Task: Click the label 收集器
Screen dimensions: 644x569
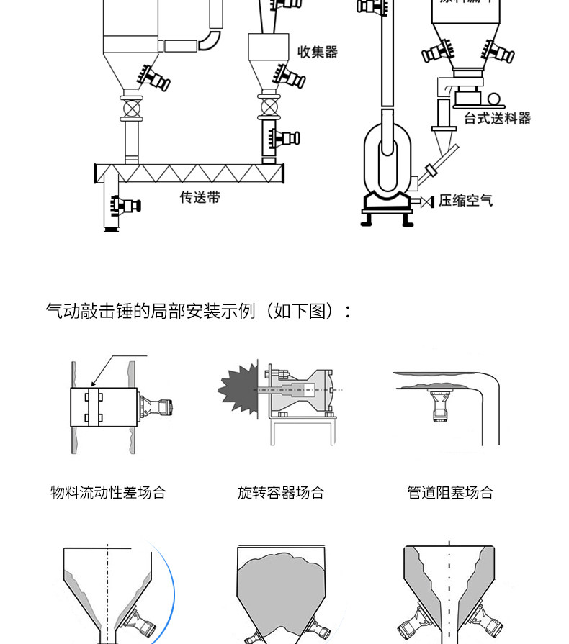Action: [x=318, y=52]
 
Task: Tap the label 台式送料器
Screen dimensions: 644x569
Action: [x=497, y=118]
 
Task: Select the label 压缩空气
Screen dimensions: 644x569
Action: [x=466, y=200]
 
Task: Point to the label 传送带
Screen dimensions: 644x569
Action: [x=200, y=196]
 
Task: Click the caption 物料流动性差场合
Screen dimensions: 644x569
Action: [x=108, y=493]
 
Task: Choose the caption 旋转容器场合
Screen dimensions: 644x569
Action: [x=281, y=493]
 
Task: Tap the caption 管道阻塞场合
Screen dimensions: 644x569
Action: [x=450, y=493]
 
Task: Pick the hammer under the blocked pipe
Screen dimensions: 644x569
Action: [x=437, y=406]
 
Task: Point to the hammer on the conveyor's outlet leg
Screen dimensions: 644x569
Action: [x=128, y=205]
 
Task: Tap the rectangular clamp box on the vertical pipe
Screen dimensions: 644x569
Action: [x=104, y=408]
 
